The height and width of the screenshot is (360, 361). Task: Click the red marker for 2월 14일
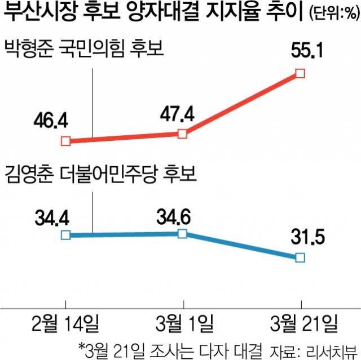pyautogui.click(x=66, y=141)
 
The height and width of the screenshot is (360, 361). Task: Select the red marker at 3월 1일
pyautogui.click(x=182, y=134)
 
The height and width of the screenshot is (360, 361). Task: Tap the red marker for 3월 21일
pyautogui.click(x=300, y=73)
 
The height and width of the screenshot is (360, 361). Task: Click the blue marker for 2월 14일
pyautogui.click(x=66, y=235)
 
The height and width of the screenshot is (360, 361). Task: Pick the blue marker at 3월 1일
pyautogui.click(x=182, y=234)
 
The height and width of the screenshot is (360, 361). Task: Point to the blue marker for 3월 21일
pyautogui.click(x=300, y=257)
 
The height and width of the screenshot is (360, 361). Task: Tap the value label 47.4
pyautogui.click(x=177, y=113)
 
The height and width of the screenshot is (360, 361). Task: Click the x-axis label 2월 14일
pyautogui.click(x=65, y=324)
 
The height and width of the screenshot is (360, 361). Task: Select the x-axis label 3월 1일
pyautogui.click(x=183, y=324)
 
